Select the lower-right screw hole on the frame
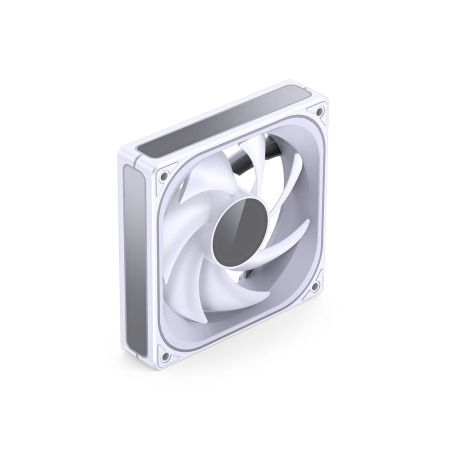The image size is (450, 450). pyautogui.click(x=314, y=287)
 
